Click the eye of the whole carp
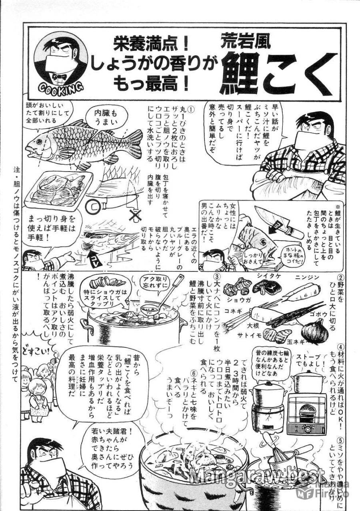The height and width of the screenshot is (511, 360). (x=39, y=141)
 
